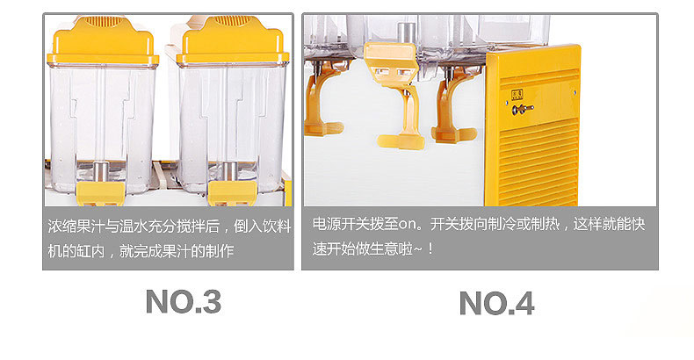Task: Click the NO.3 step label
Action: coord(183,302)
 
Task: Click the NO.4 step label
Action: coord(496,304)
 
